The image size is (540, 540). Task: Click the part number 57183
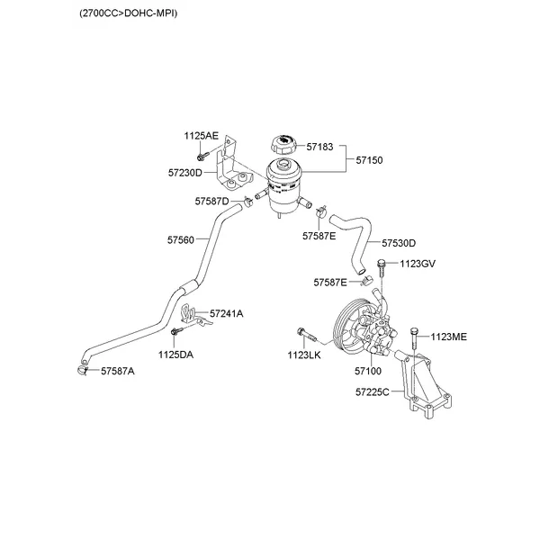click(319, 145)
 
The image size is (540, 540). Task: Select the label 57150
click(369, 160)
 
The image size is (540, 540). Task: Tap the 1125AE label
click(202, 136)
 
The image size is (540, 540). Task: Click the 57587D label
click(211, 201)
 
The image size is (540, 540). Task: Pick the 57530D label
click(399, 243)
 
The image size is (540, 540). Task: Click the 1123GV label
click(418, 263)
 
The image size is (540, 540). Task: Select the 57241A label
click(227, 313)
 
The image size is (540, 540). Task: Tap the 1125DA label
click(175, 355)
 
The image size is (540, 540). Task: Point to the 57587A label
click(117, 371)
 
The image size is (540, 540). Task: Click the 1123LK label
click(304, 355)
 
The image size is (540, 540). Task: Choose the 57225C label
click(372, 392)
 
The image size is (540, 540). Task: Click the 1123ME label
click(448, 337)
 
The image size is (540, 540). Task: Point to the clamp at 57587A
click(83, 369)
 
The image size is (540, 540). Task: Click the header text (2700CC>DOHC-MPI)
click(130, 14)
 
